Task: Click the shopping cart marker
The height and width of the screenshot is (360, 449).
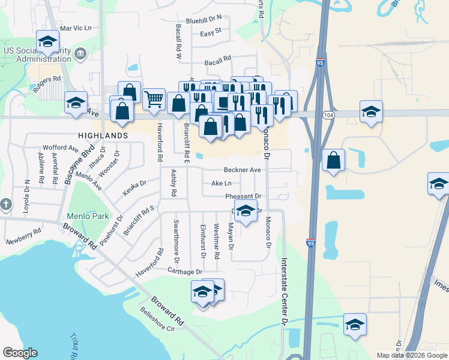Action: (x=154, y=100)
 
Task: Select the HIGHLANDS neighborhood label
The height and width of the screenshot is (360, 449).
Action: (x=102, y=136)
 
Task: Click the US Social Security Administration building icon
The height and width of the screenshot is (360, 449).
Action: (x=80, y=55)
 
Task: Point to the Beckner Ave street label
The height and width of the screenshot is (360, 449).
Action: (x=243, y=170)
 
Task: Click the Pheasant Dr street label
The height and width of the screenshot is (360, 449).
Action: (x=243, y=196)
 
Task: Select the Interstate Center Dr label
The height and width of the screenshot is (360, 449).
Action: (x=285, y=291)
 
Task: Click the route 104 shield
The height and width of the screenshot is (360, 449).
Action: (x=328, y=115)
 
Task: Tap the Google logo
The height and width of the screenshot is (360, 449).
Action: (x=20, y=353)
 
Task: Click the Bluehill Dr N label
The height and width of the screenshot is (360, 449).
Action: (x=203, y=19)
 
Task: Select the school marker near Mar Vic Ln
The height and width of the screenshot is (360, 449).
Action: (x=47, y=41)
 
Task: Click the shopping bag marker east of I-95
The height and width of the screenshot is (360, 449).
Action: (x=333, y=160)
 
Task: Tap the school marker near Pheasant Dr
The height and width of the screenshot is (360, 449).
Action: (x=244, y=211)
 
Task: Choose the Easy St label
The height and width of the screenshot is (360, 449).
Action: (x=211, y=31)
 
